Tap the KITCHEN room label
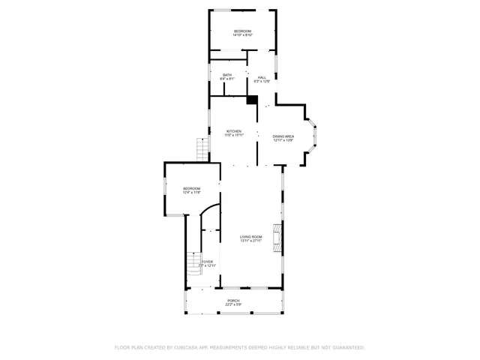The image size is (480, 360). pos(234,131)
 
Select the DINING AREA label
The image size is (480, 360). pos(283,136)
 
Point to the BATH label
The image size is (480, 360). pos(226,74)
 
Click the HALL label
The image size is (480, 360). pos(262,77)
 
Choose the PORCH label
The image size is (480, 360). pos(234,300)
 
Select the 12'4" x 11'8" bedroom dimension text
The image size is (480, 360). pos(192,193)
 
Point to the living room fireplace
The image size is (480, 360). pos(277,238)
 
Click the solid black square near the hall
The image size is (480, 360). pos(252,99)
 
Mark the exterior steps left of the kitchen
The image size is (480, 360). pos(201,148)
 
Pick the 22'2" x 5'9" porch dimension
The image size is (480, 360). pos(234,304)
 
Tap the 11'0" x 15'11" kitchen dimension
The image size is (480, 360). pos(234,136)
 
